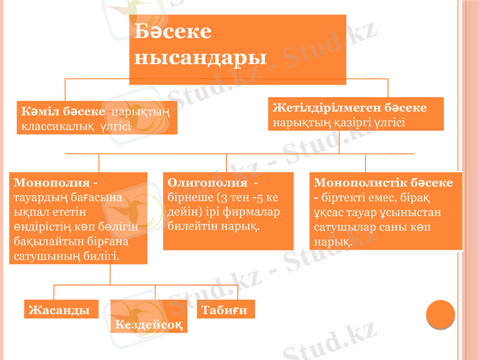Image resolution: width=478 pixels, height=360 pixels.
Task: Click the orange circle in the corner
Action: [440, 314]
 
